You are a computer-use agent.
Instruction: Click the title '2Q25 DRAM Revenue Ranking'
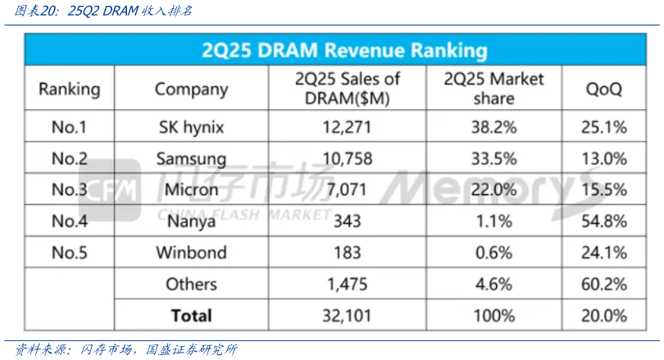(x=344, y=50)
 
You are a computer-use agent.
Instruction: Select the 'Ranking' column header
(x=70, y=89)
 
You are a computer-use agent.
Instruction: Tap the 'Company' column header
(x=191, y=89)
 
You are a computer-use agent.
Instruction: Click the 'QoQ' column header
(x=603, y=89)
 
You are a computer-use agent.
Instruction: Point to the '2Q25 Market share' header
(x=493, y=89)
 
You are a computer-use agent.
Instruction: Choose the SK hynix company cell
(x=191, y=127)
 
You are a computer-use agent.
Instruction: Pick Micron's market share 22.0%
(x=493, y=189)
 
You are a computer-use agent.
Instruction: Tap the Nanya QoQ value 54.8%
(x=606, y=221)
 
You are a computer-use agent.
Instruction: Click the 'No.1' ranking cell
(x=70, y=127)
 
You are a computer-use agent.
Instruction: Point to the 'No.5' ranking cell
(x=70, y=253)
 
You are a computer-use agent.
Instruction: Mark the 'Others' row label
(x=191, y=284)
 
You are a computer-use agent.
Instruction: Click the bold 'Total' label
(x=191, y=315)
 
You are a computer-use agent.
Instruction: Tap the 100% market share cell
(x=493, y=315)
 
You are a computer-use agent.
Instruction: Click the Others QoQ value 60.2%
(x=606, y=284)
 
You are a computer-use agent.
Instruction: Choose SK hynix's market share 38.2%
(x=493, y=127)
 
